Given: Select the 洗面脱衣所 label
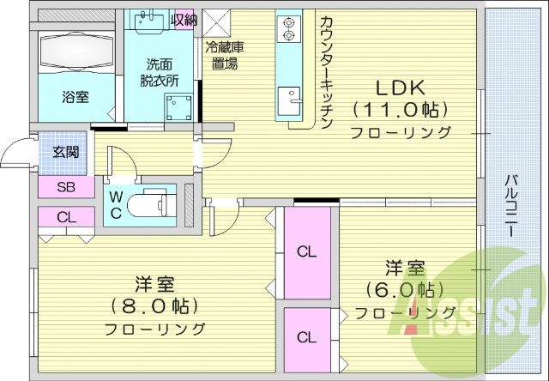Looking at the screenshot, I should coord(160,72).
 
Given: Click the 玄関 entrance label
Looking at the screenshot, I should coord(65,153).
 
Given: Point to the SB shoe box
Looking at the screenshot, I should coord(65,187).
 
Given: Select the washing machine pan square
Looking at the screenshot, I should coord(179,107).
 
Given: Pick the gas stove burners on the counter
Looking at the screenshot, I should coord(287,28).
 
